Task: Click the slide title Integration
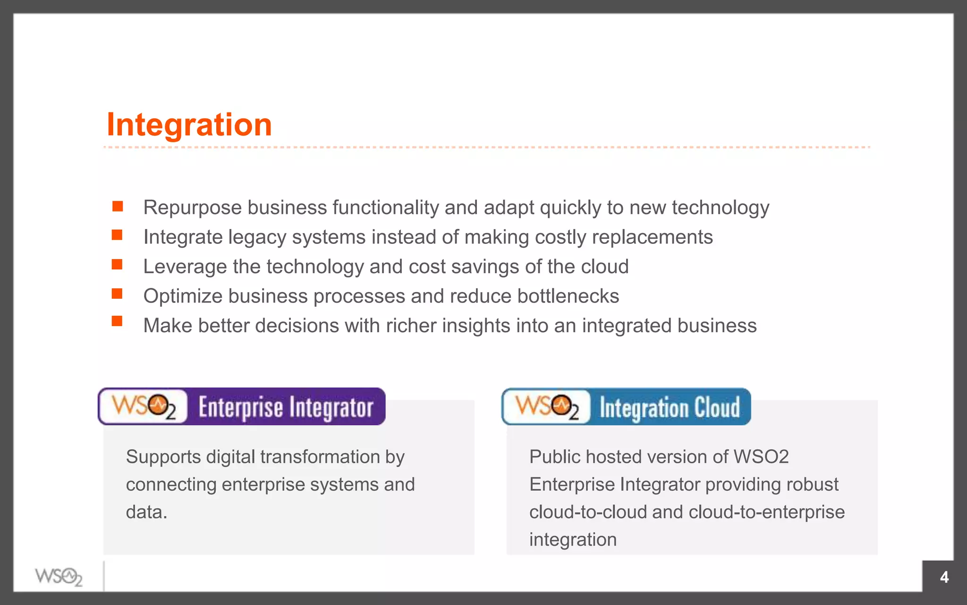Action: pyautogui.click(x=189, y=125)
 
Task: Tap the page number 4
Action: pyautogui.click(x=944, y=577)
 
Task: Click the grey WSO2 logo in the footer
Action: pyautogui.click(x=59, y=577)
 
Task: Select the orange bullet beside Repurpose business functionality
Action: pyautogui.click(x=118, y=207)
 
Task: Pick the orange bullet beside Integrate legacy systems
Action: pyautogui.click(x=117, y=235)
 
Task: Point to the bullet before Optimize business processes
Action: pyautogui.click(x=117, y=294)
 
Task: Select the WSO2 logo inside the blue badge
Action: pyautogui.click(x=547, y=406)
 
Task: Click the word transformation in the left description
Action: pyautogui.click(x=320, y=457)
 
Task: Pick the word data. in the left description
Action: pyautogui.click(x=146, y=512)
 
